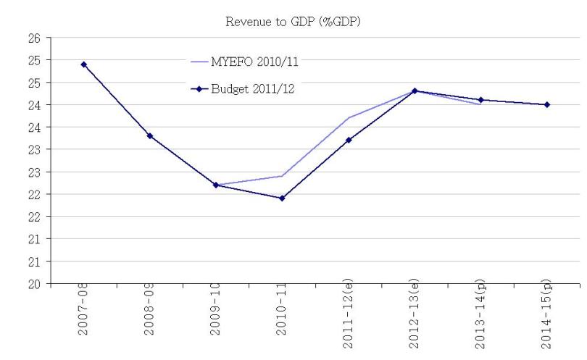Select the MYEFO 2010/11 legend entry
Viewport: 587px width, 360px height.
pos(254,62)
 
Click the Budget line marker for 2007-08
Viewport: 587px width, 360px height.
pos(84,64)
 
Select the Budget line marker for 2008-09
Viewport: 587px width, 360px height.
pos(150,135)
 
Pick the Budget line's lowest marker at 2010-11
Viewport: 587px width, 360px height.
pos(282,198)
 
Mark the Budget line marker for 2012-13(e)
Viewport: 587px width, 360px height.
pos(415,91)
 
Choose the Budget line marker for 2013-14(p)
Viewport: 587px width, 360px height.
pos(480,100)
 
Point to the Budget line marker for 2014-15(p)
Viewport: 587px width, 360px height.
pos(547,104)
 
